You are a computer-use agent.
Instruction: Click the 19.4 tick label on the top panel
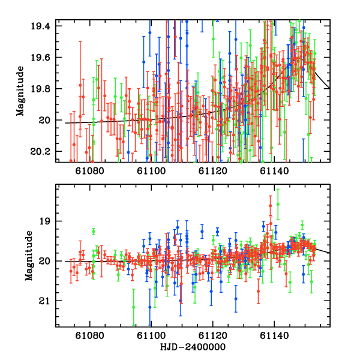click(x=44, y=26)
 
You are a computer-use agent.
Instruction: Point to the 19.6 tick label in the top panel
click(x=44, y=58)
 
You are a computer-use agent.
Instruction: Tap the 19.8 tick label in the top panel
click(x=44, y=89)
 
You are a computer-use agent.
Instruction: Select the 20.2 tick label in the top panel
click(x=44, y=151)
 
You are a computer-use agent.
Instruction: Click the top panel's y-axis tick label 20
click(x=49, y=120)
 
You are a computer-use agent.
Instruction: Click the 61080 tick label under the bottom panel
click(x=89, y=337)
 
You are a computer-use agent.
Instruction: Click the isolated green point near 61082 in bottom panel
click(x=94, y=231)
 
